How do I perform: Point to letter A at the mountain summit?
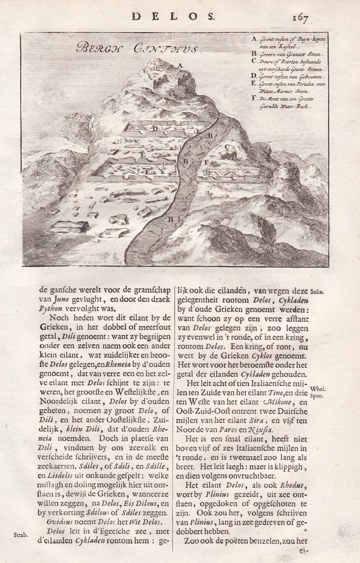tap(180, 65)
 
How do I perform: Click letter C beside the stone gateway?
tap(227, 147)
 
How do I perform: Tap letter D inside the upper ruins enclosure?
tap(155, 128)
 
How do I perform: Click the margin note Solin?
tap(316, 292)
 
